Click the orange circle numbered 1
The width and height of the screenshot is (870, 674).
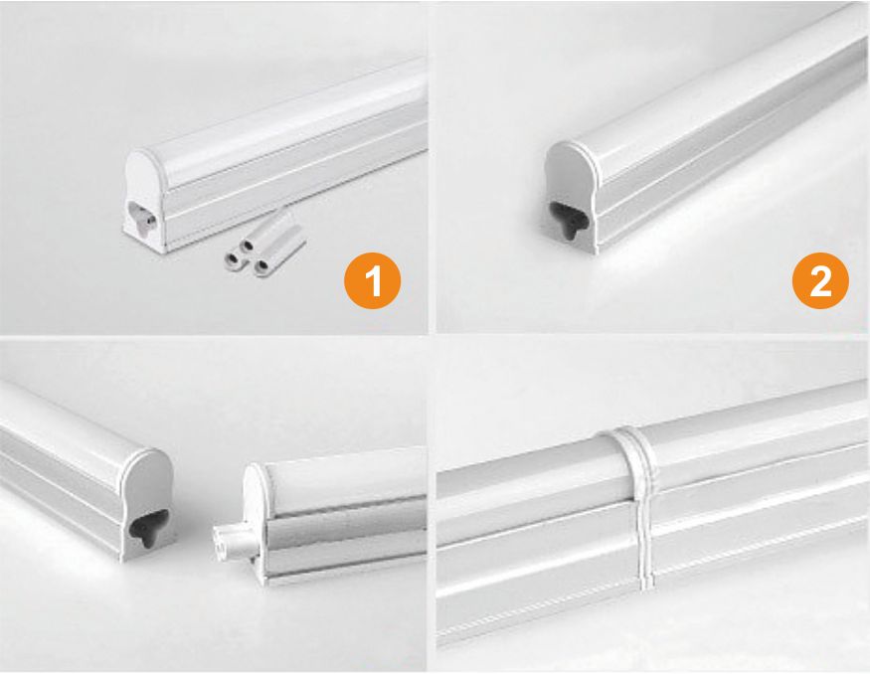(x=372, y=280)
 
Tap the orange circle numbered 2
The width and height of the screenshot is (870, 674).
(x=820, y=280)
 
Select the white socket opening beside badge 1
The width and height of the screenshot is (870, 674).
(x=143, y=219)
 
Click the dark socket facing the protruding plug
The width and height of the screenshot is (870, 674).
(x=147, y=528)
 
